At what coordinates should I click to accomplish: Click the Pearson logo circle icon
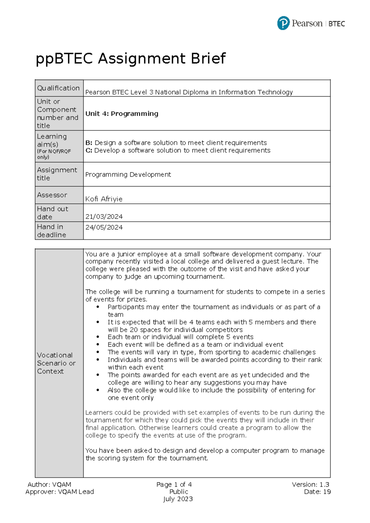[x=283, y=23]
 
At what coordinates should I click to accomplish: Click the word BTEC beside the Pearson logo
[x=337, y=24]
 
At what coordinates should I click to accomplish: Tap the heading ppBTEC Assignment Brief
[x=131, y=58]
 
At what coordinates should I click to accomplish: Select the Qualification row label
[x=58, y=88]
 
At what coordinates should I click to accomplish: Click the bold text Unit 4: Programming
[x=122, y=113]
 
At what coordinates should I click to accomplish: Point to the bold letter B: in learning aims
[x=89, y=143]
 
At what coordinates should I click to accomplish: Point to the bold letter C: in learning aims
[x=89, y=150]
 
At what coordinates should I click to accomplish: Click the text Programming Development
[x=128, y=175]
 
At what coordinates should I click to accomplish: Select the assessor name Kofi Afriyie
[x=104, y=199]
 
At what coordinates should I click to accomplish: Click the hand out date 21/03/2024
[x=104, y=216]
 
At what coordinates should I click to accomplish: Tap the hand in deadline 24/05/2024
[x=104, y=227]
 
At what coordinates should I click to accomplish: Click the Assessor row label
[x=52, y=195]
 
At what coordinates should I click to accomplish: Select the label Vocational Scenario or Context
[x=56, y=363]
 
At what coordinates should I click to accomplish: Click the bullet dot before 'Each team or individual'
[x=98, y=337]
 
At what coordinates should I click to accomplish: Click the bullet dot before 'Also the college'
[x=98, y=390]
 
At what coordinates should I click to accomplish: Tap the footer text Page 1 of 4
[x=174, y=484]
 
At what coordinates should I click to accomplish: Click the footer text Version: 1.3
[x=310, y=484]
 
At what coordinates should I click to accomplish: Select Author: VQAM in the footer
[x=49, y=484]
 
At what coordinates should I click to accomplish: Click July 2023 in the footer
[x=178, y=499]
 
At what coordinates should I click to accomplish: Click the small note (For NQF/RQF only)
[x=54, y=154]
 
